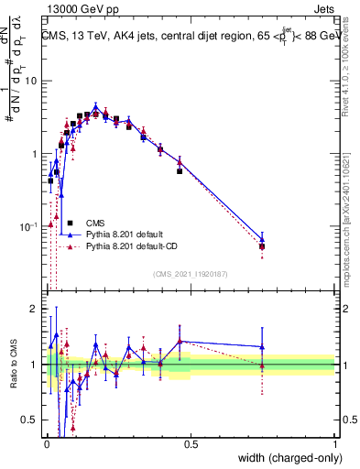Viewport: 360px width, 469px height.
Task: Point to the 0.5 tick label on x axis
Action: [191, 443]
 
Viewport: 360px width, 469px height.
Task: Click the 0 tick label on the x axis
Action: [47, 443]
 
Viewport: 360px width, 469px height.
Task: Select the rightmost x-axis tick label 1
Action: [334, 443]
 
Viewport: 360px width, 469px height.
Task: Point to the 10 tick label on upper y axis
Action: [33, 81]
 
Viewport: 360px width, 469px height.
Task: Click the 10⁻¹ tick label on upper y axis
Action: [31, 227]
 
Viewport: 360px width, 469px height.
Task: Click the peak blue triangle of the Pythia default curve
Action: [95, 106]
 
